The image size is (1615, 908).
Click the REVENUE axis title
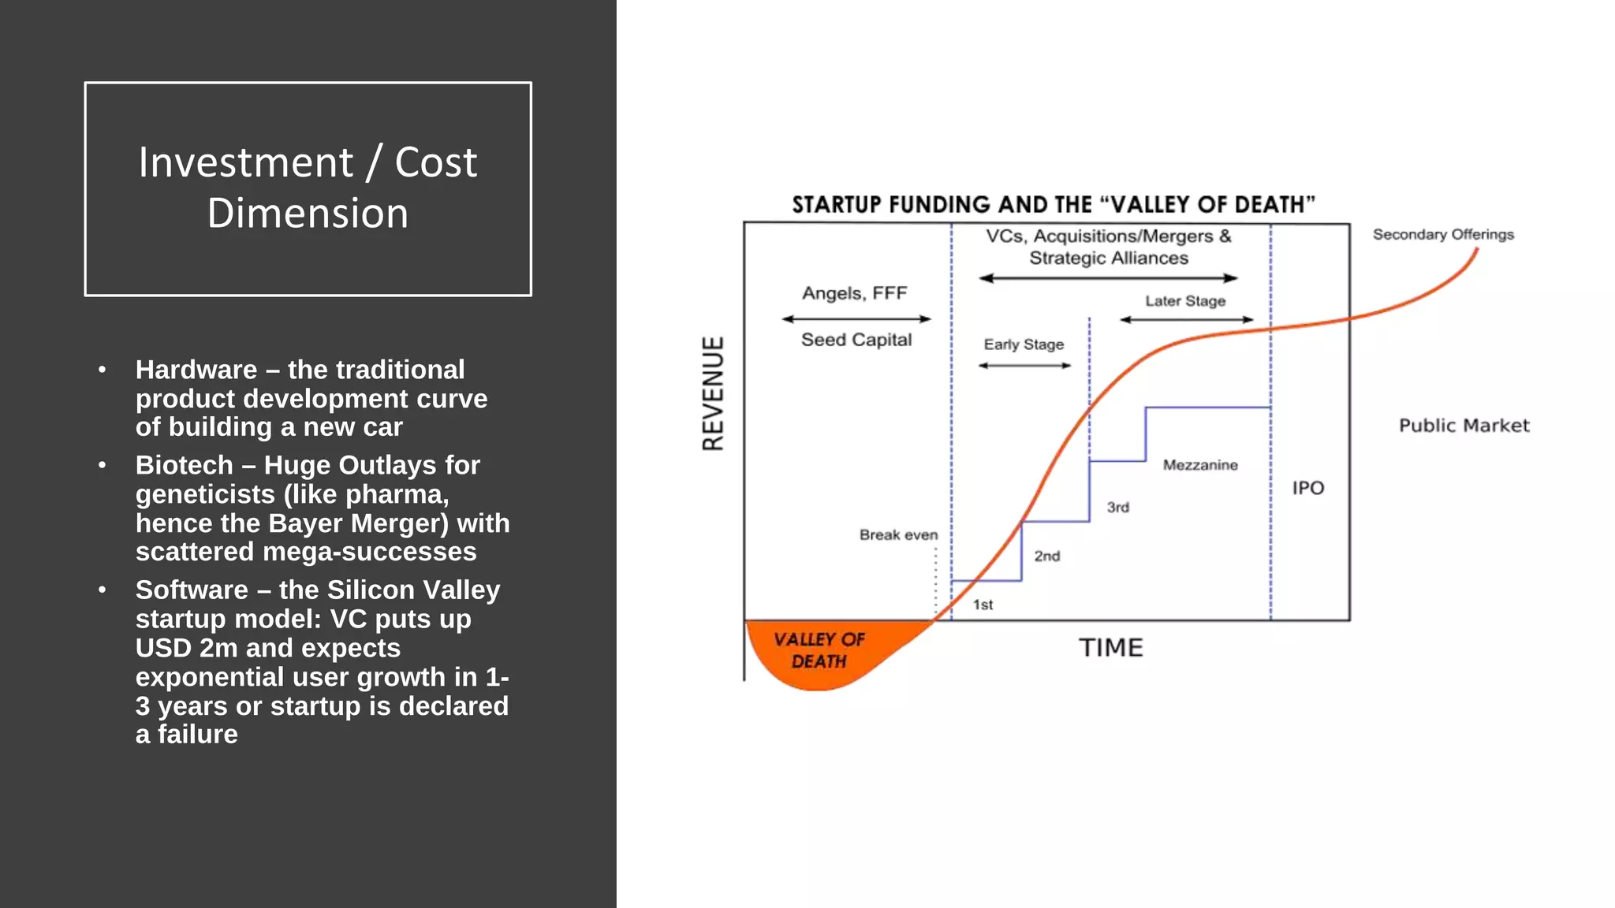[x=713, y=393]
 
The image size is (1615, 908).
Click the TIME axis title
[x=1110, y=648]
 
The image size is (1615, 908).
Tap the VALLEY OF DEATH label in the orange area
[x=819, y=650]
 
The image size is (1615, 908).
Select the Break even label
[x=898, y=535]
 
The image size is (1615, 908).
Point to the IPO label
[x=1307, y=488]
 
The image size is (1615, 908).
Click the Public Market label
[x=1464, y=426]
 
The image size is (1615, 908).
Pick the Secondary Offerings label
[x=1443, y=234]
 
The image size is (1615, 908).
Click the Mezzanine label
[x=1199, y=465]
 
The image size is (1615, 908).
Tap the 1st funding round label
[x=983, y=605]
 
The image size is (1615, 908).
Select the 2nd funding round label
[x=1046, y=556]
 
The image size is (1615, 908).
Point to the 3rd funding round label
[x=1117, y=507]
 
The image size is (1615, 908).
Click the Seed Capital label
[x=856, y=340]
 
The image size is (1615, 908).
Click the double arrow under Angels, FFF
[x=856, y=319]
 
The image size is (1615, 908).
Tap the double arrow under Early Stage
[x=1024, y=366]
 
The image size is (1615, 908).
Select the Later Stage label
[x=1185, y=301]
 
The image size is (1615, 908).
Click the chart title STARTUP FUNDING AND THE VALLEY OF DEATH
[x=1053, y=205]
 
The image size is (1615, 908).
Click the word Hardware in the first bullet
[x=196, y=370]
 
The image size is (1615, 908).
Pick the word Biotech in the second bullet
[x=185, y=465]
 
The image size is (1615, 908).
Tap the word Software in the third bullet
[x=192, y=590]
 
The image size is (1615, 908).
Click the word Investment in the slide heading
[x=245, y=162]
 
